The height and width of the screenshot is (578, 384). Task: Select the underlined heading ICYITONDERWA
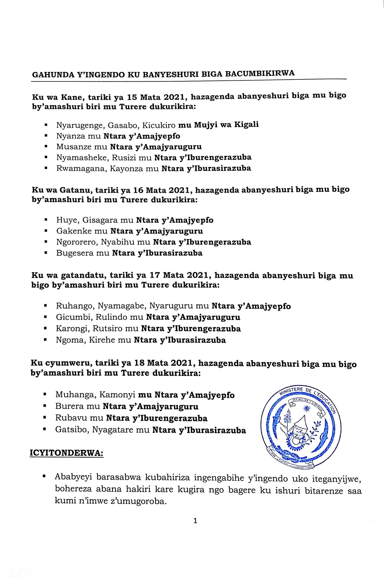(x=66, y=453)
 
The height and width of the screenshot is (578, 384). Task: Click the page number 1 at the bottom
(x=195, y=521)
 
